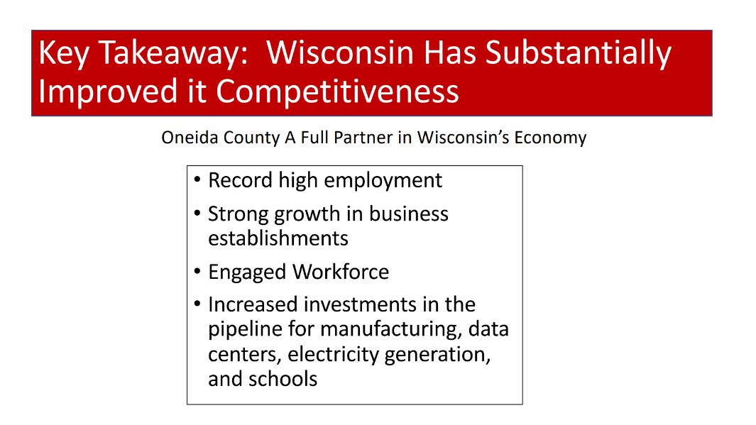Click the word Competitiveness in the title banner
(337, 91)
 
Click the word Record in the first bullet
(240, 180)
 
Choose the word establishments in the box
(278, 238)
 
